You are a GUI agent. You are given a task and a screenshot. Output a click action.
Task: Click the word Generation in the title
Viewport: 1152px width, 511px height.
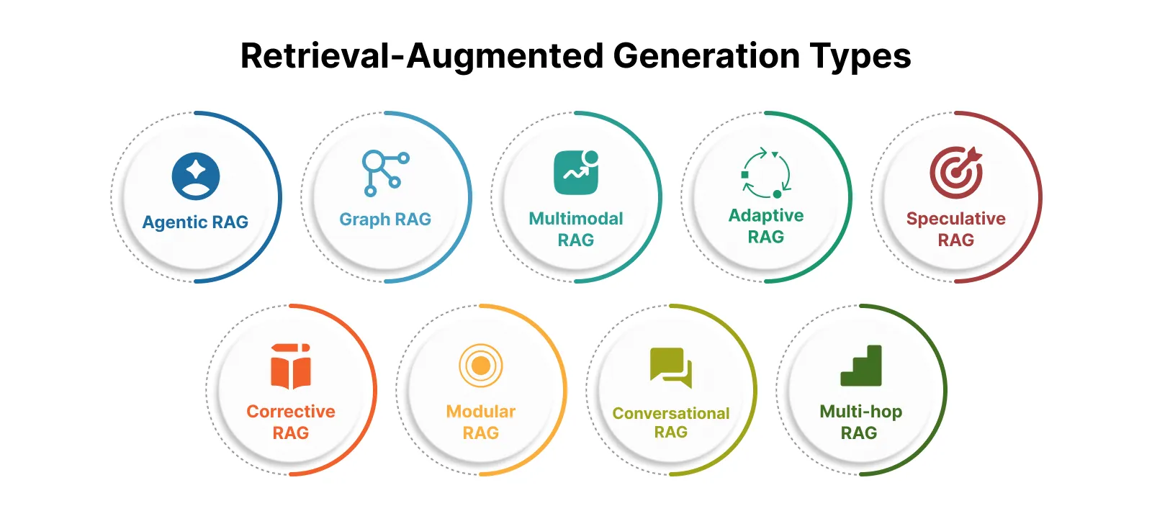tap(706, 56)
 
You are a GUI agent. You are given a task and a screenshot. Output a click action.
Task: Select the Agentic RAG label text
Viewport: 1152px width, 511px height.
tap(195, 222)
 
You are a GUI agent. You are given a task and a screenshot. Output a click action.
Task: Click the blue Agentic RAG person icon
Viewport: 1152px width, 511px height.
tap(196, 176)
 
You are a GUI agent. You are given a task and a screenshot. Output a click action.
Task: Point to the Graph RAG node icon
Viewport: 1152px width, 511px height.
tap(385, 173)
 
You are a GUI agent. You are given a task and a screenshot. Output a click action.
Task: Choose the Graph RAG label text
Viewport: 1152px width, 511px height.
tap(385, 220)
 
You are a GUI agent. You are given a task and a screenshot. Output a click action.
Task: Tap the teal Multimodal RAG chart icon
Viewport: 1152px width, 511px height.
tap(576, 173)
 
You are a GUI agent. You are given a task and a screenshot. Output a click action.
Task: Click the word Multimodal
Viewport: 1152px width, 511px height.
tap(576, 219)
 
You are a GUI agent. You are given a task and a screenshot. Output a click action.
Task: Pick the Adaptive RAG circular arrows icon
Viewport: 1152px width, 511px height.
tap(766, 173)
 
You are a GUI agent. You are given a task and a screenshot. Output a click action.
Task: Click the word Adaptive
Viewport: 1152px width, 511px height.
tap(766, 216)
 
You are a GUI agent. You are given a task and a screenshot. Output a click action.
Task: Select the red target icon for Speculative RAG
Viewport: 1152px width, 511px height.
tap(955, 173)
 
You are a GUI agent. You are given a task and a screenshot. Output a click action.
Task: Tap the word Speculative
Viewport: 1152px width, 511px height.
tap(955, 219)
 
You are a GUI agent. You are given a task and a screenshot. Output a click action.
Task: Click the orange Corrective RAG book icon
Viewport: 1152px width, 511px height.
tap(291, 366)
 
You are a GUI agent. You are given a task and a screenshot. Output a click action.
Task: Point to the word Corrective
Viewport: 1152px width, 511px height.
tap(291, 412)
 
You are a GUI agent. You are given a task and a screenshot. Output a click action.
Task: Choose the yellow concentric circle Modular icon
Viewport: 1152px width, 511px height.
tap(481, 366)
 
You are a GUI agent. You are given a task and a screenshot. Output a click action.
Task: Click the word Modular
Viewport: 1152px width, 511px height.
tap(481, 412)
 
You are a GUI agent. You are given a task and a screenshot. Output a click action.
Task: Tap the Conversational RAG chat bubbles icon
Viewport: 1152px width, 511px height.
tap(671, 368)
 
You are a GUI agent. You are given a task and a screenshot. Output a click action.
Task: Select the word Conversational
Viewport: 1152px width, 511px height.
tap(671, 414)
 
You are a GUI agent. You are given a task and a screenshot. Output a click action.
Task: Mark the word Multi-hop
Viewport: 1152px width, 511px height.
tap(861, 412)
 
